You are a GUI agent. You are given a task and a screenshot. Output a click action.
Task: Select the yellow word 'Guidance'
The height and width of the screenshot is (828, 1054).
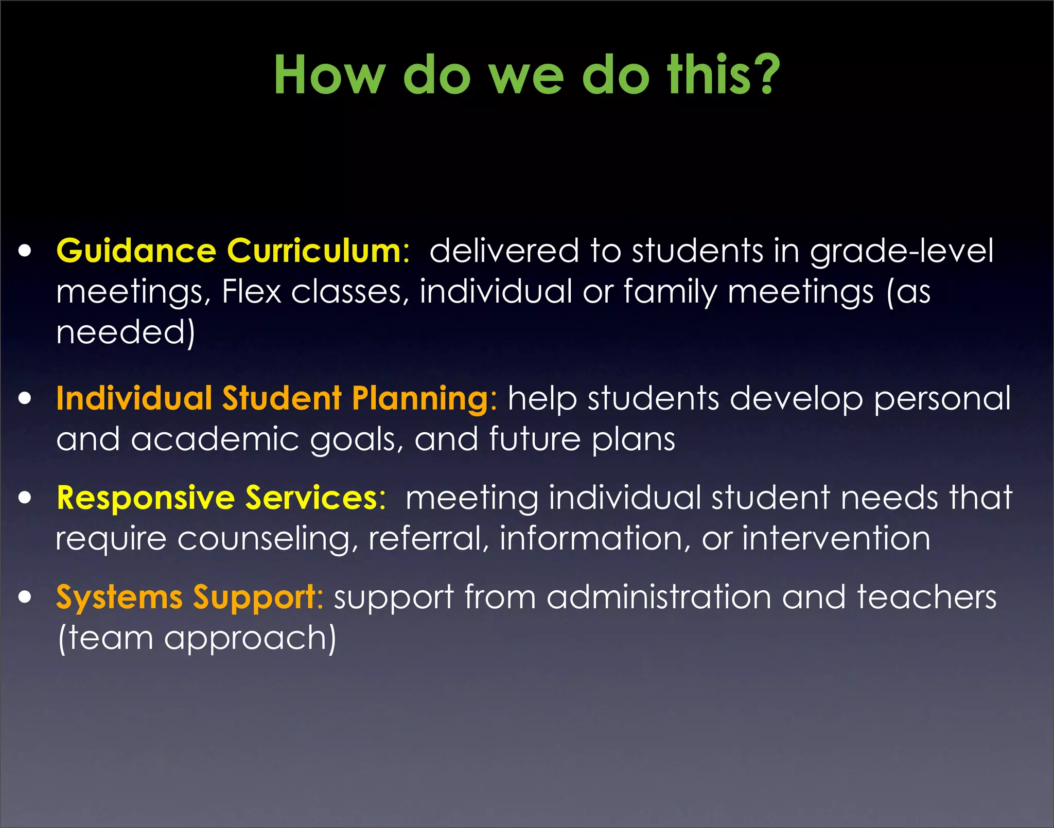pos(136,251)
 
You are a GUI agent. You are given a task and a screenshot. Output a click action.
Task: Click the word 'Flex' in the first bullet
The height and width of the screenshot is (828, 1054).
pos(251,292)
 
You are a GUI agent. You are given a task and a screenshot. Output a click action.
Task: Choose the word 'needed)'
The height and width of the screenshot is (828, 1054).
pos(126,332)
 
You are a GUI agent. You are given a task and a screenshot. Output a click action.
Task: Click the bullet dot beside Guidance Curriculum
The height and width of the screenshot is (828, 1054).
pos(25,252)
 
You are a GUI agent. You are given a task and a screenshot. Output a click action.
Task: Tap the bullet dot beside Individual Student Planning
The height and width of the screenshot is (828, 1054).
pos(25,399)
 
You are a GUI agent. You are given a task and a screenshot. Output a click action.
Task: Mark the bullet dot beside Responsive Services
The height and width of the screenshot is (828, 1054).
pos(25,498)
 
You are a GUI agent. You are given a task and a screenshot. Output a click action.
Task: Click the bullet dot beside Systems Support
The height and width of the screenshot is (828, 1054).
pos(25,597)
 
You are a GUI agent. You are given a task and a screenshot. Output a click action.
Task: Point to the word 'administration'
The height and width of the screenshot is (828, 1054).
pos(659,597)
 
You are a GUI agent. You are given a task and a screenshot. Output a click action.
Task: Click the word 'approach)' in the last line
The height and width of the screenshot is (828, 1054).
pos(250,638)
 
